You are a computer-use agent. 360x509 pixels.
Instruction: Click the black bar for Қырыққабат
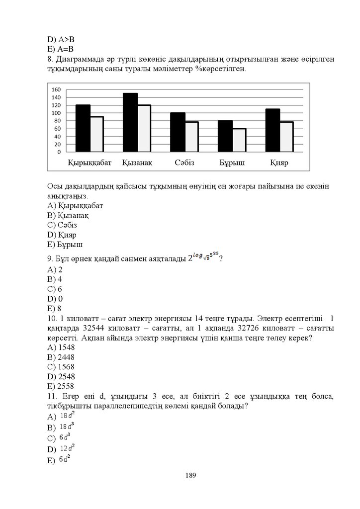(x=83, y=128)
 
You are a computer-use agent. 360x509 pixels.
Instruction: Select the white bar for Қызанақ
(x=144, y=128)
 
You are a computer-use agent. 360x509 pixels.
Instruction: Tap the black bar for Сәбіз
(x=178, y=132)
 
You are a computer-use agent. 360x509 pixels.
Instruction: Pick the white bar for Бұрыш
(x=239, y=140)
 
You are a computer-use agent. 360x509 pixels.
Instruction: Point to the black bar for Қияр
(x=272, y=130)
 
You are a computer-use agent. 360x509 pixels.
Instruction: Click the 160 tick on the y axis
(x=56, y=90)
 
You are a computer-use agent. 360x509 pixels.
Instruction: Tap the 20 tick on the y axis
(x=58, y=144)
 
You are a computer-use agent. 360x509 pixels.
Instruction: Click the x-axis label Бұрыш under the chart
(x=232, y=163)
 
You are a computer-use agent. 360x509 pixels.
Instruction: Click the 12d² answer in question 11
(x=67, y=448)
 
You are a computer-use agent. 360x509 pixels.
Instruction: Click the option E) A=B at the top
(x=60, y=49)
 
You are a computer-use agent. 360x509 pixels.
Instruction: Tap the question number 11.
(x=51, y=396)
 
